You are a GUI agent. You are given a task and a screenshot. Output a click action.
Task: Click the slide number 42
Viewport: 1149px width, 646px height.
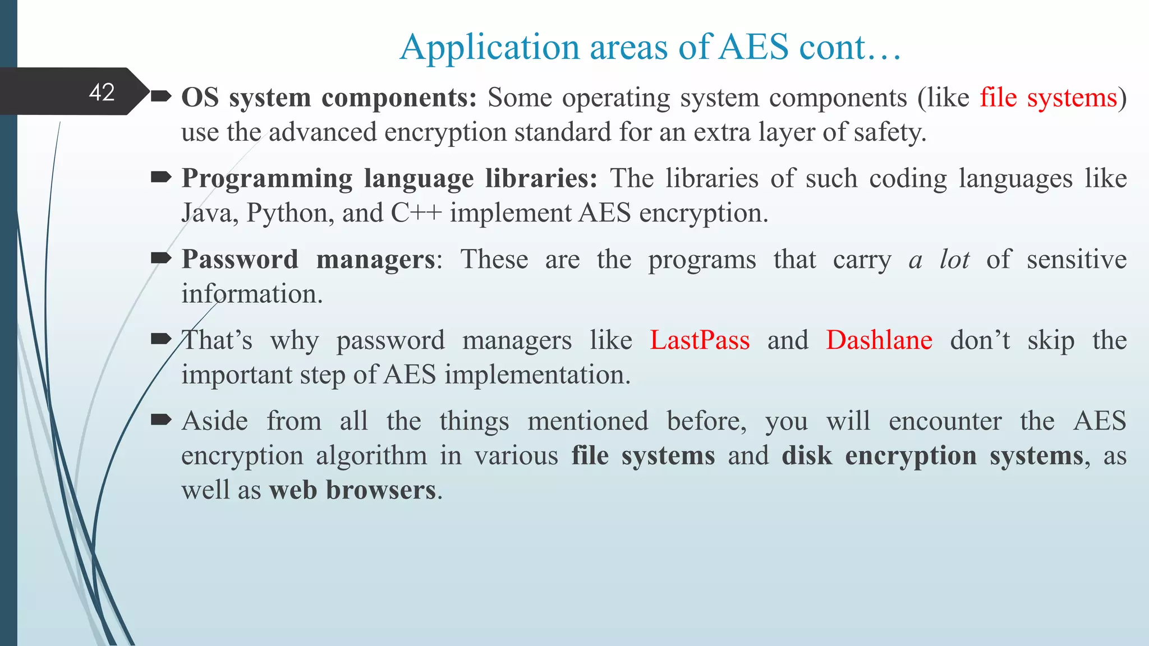[x=102, y=92]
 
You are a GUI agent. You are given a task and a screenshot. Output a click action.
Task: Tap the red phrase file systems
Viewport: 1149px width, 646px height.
[x=1049, y=98]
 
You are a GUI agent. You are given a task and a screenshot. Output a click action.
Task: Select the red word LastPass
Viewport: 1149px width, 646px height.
[x=700, y=340]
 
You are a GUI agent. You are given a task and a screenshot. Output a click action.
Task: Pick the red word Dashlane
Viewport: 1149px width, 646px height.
[x=879, y=340]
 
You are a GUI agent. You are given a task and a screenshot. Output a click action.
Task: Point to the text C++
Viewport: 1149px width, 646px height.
[x=416, y=213]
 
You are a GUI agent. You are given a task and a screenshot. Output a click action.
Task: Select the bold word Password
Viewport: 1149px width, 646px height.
[x=240, y=259]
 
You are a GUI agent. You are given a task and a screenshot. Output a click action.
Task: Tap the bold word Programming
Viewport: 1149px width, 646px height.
[x=267, y=179]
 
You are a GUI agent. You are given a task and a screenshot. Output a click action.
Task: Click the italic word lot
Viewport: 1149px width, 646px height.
[x=954, y=259]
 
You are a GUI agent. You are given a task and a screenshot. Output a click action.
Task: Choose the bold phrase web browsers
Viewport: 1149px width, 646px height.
[x=352, y=490]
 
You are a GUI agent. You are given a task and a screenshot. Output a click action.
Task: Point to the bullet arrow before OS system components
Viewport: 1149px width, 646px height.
[x=161, y=96]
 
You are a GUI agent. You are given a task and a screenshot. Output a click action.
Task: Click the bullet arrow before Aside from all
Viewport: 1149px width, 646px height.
[x=161, y=419]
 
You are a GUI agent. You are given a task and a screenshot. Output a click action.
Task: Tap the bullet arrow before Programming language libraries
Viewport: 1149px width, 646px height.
[x=161, y=177]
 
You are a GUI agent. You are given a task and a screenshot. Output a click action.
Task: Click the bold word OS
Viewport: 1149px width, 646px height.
[x=200, y=98]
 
